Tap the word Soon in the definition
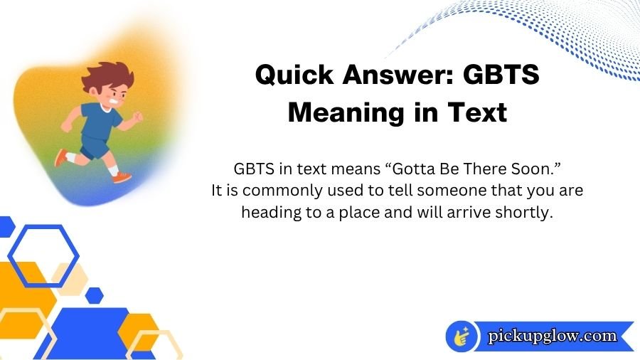(x=523, y=170)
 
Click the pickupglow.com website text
(x=552, y=336)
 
